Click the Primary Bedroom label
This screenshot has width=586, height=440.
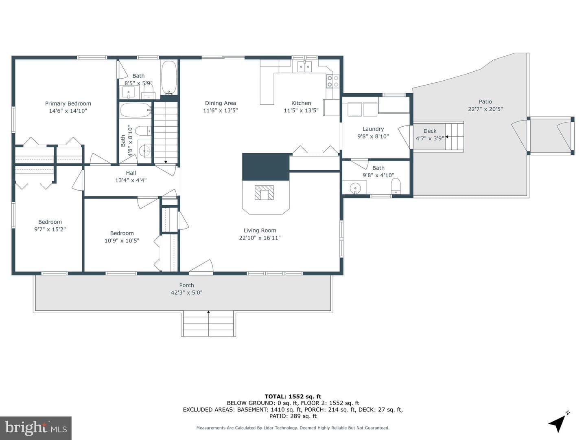(x=68, y=103)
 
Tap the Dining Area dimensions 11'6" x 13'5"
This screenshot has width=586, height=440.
(x=221, y=110)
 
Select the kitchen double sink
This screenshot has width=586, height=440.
(x=305, y=66)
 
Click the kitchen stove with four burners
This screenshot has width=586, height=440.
(x=333, y=81)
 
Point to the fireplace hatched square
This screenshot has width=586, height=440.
(x=264, y=192)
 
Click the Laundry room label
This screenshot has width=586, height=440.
(x=373, y=129)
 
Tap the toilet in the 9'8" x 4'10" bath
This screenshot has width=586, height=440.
(x=396, y=186)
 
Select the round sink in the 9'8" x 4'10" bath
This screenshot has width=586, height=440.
(x=355, y=188)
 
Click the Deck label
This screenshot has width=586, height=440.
(x=430, y=131)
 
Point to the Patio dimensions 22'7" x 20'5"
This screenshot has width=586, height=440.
(x=485, y=109)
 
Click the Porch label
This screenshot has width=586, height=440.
(x=187, y=285)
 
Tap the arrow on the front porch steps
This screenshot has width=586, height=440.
(x=208, y=323)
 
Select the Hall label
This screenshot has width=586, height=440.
(x=131, y=173)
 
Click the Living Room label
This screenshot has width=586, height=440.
(x=260, y=230)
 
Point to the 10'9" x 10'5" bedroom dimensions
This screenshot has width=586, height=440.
(x=122, y=240)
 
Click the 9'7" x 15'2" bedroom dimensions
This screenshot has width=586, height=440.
(x=50, y=229)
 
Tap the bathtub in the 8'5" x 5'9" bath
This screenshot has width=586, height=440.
(x=169, y=78)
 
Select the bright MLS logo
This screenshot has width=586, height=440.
(x=36, y=428)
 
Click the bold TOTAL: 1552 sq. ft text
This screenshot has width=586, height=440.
(x=293, y=396)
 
